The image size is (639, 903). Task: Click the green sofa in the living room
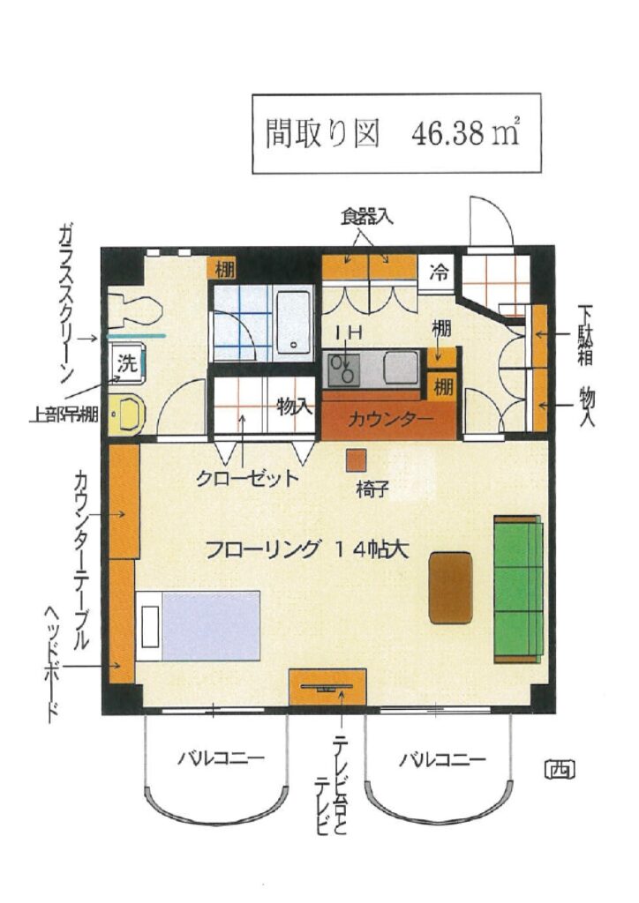tap(518, 589)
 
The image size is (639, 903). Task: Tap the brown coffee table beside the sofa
tap(451, 588)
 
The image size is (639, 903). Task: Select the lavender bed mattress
tap(211, 625)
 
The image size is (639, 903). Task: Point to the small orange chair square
tap(356, 460)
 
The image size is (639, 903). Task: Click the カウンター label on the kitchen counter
tap(390, 419)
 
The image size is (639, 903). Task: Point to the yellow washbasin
tap(128, 414)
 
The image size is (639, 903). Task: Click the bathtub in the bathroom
tap(293, 322)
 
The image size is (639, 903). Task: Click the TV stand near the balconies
tap(327, 686)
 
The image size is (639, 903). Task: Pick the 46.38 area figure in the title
tap(447, 134)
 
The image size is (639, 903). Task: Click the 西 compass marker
tap(560, 769)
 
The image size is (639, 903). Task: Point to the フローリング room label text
tap(261, 549)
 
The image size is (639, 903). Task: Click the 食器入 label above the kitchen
tap(366, 217)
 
